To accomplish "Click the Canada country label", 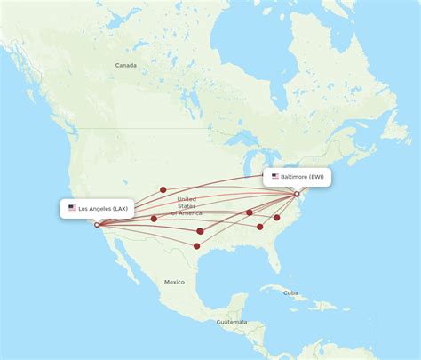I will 125,65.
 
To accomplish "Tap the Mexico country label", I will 174,282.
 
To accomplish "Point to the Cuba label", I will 291,292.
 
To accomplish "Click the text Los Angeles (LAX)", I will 103,208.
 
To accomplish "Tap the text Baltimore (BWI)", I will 303,177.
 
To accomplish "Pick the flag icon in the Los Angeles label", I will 72,208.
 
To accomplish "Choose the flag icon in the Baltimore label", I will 275,177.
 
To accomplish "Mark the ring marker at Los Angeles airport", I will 97,224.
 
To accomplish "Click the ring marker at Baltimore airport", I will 297,194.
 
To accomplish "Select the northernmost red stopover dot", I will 163,189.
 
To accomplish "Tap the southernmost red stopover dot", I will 196,245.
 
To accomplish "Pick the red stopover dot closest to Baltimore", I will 277,217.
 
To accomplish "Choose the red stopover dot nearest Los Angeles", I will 154,219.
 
